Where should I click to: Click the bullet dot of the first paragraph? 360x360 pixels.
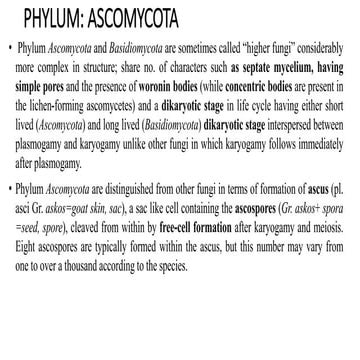click(x=9, y=48)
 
